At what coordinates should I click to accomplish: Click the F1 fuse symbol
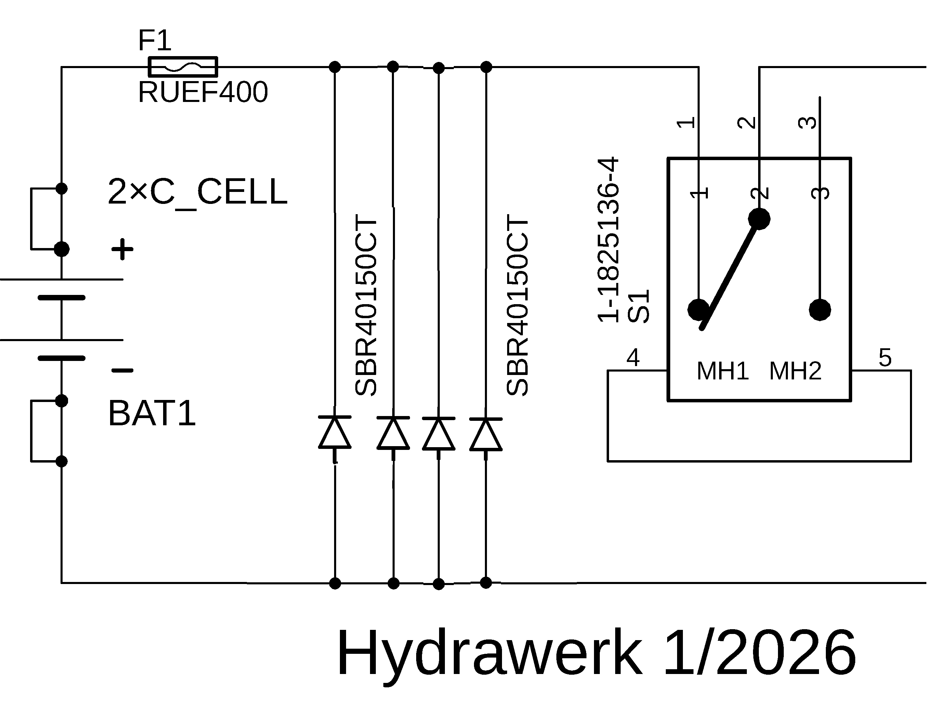click(183, 67)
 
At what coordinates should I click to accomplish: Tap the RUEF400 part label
click(203, 92)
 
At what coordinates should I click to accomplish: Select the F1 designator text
click(155, 41)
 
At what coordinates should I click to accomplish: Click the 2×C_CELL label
click(198, 192)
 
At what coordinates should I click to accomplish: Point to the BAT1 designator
click(152, 413)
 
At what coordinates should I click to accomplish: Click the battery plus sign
click(122, 249)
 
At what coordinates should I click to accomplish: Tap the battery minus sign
click(122, 371)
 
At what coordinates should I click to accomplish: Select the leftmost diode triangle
click(335, 433)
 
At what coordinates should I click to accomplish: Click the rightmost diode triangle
click(486, 434)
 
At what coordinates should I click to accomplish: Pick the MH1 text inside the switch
click(723, 371)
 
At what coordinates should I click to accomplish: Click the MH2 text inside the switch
click(795, 371)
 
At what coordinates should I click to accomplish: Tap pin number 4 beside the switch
click(633, 358)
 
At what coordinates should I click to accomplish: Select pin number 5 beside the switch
click(885, 358)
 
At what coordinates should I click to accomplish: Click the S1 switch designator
click(638, 307)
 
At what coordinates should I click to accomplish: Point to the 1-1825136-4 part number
click(609, 240)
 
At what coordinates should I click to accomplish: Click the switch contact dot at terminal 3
click(820, 310)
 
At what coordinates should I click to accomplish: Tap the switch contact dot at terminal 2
click(759, 219)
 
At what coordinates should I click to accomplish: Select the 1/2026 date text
click(759, 653)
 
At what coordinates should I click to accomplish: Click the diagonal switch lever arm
click(730, 274)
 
